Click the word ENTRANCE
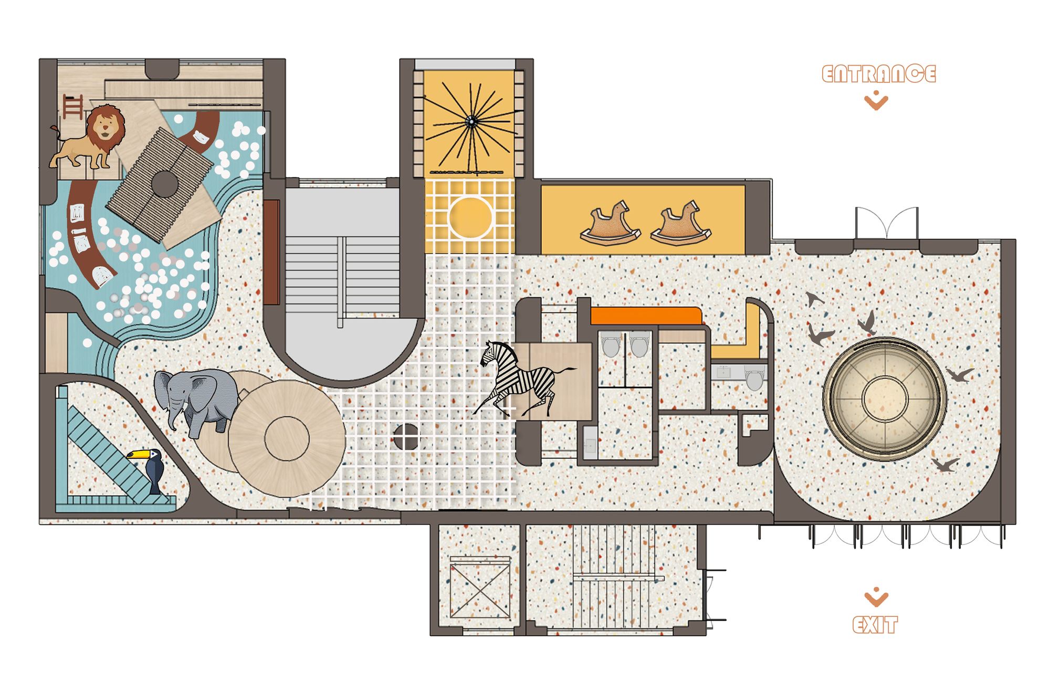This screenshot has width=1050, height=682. [878, 74]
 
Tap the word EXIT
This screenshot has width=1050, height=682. [875, 625]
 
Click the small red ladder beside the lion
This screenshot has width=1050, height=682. [73, 107]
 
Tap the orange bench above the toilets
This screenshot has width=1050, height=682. [646, 316]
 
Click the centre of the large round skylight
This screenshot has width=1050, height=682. [885, 399]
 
